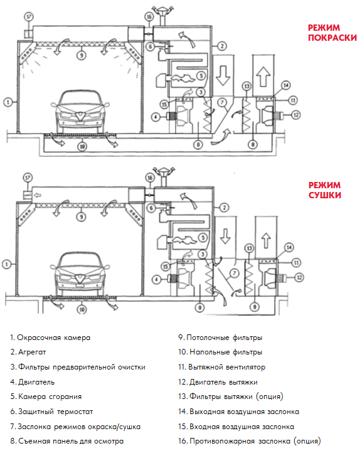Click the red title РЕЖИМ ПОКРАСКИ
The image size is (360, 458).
pyautogui.click(x=332, y=33)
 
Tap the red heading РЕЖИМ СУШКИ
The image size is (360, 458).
pyautogui.click(x=325, y=190)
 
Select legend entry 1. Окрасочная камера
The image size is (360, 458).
pyautogui.click(x=50, y=338)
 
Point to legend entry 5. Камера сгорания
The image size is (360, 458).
pyautogui.click(x=46, y=397)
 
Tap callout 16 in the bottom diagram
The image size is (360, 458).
pyautogui.click(x=149, y=178)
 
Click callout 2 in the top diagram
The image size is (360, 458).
pyautogui.click(x=222, y=46)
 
